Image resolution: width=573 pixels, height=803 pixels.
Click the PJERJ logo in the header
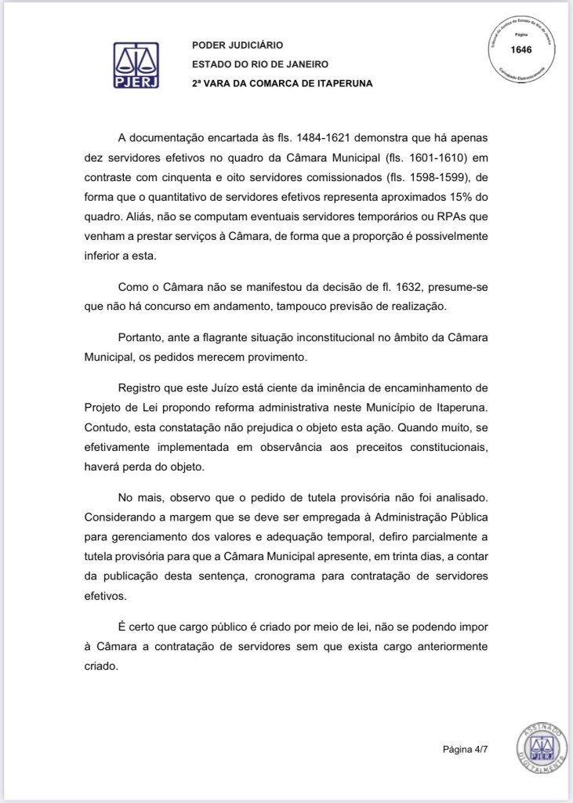tap(137, 65)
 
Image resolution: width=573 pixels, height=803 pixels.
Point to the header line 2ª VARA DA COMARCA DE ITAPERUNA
tap(281, 83)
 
